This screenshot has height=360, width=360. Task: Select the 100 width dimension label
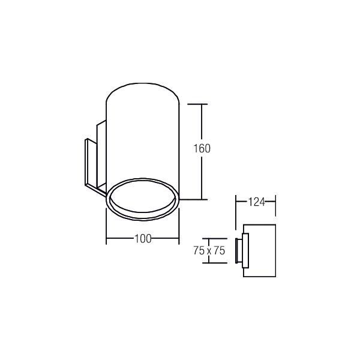click(x=142, y=239)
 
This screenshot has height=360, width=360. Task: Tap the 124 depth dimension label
click(x=256, y=202)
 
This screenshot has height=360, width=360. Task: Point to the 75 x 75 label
click(x=209, y=251)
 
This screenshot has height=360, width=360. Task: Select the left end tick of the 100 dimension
click(x=106, y=239)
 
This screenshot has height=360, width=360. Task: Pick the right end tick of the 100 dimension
click(x=179, y=239)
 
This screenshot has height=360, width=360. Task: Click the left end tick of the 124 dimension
click(x=236, y=202)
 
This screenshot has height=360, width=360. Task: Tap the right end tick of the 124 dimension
click(x=275, y=202)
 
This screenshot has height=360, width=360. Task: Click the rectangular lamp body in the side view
click(x=260, y=251)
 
